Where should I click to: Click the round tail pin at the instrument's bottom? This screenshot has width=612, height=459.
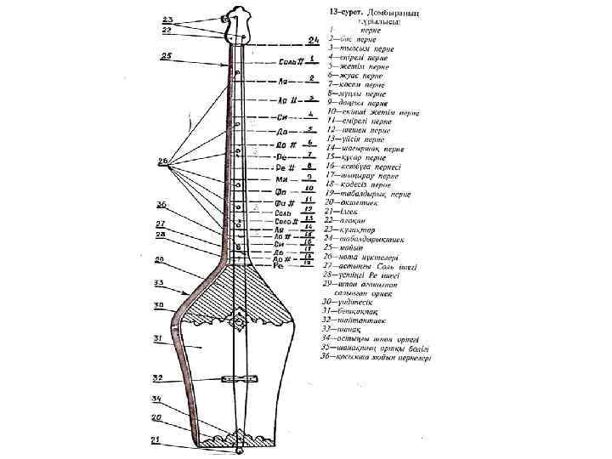239,450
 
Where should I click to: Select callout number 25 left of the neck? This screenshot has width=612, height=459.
166,55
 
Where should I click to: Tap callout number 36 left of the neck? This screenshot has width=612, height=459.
161,205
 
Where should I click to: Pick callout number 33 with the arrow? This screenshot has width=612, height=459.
159,283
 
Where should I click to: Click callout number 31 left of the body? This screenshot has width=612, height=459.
159,337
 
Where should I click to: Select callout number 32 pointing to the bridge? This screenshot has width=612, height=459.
158,376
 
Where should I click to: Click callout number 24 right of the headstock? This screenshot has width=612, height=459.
314,39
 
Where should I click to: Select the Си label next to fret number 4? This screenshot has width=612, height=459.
282,116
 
